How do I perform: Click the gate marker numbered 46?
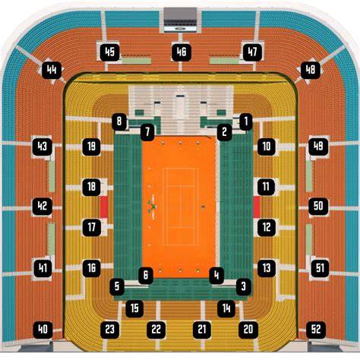click(x=182, y=52)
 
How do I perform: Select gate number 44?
click(x=52, y=70)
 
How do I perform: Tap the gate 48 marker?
click(x=311, y=70)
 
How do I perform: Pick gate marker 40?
click(x=43, y=330)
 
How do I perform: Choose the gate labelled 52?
click(x=316, y=330)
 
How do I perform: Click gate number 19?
click(x=92, y=147)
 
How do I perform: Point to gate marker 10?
click(x=267, y=147)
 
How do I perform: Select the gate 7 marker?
click(x=147, y=131)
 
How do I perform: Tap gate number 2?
click(x=224, y=131)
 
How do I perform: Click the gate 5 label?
click(x=117, y=286)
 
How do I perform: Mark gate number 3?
click(x=244, y=286)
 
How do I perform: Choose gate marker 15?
click(x=134, y=308)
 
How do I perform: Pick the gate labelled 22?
click(x=156, y=330)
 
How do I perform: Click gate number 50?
click(x=318, y=206)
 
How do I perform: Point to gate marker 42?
click(x=43, y=206)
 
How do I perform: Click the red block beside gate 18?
click(x=103, y=207)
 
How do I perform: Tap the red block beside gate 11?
click(x=257, y=207)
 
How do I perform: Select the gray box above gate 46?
click(x=180, y=20)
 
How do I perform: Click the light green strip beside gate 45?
click(x=136, y=61)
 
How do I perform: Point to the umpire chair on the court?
click(x=153, y=207)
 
